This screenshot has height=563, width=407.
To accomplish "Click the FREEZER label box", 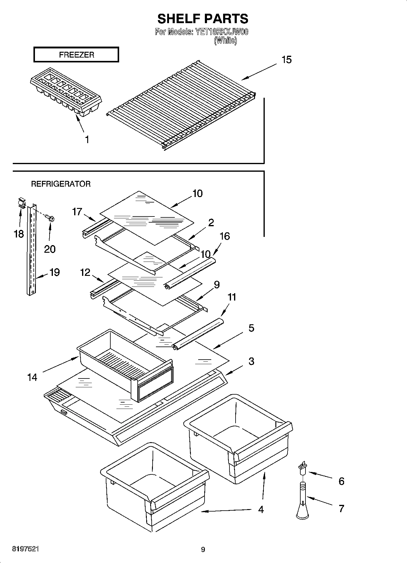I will (x=76, y=55).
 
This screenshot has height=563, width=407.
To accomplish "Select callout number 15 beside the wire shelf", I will (x=286, y=60).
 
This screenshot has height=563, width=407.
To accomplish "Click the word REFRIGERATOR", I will (x=61, y=184).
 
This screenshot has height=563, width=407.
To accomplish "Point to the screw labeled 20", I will (x=50, y=218).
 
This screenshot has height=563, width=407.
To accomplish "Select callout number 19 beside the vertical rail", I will (x=54, y=272).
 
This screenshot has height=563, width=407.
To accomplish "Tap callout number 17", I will (x=77, y=211).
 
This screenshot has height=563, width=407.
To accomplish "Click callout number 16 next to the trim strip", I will (x=225, y=236).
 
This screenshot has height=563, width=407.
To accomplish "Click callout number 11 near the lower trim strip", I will (x=232, y=297).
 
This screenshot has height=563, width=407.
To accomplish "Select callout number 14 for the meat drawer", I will (x=32, y=377).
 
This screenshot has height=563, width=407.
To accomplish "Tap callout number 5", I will (x=251, y=328).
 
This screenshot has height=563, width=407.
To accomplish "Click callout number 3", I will (x=251, y=361).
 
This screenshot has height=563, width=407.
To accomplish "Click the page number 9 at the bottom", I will (x=203, y=549).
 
